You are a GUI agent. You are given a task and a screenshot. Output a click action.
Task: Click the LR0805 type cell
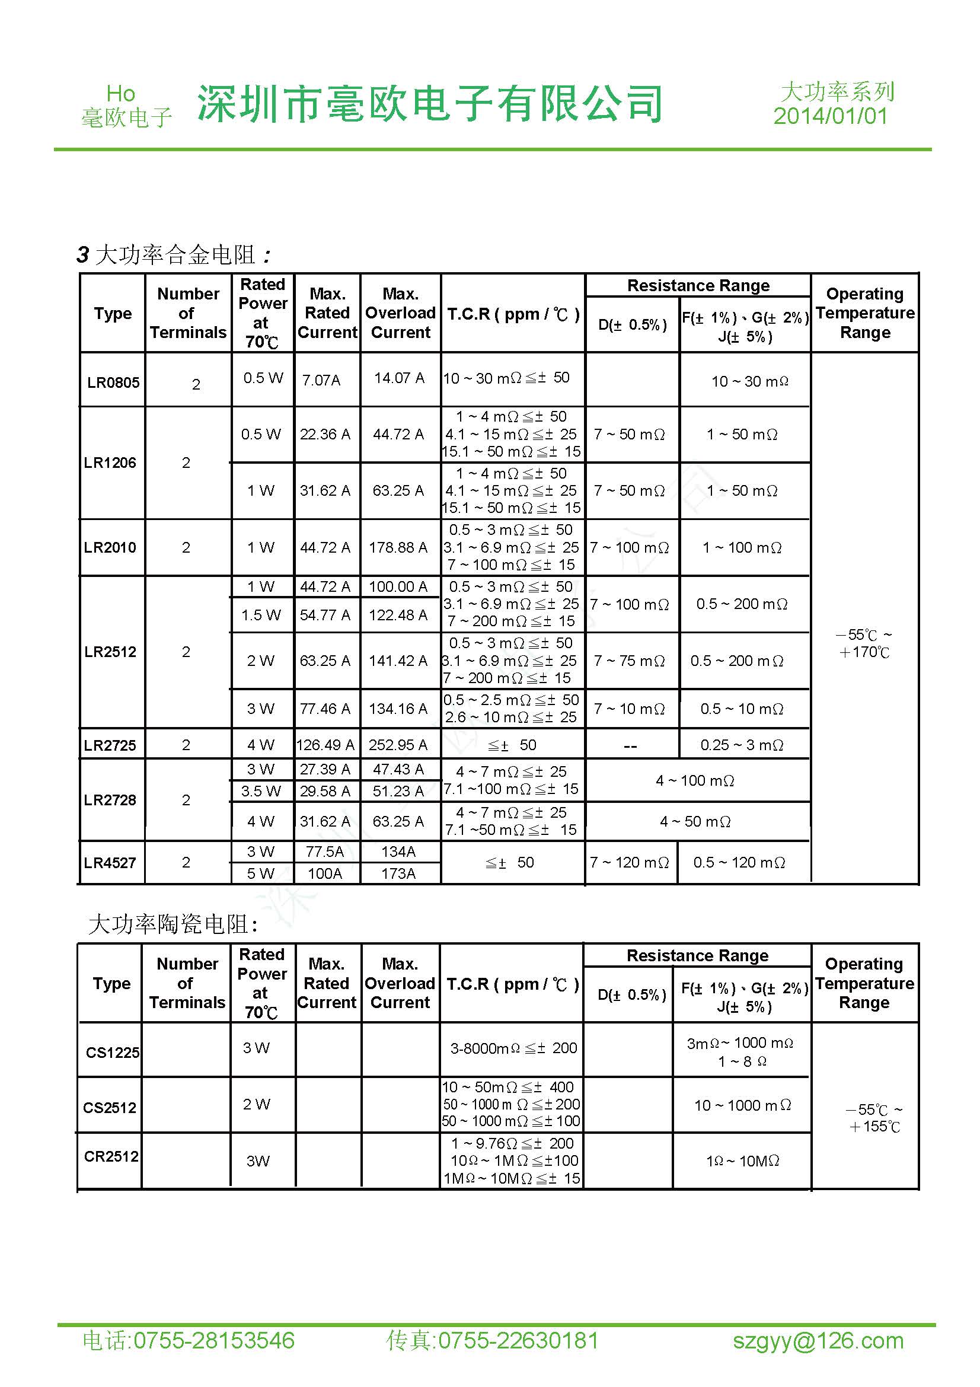pos(113,382)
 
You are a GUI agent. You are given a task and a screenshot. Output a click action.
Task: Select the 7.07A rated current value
pos(321,380)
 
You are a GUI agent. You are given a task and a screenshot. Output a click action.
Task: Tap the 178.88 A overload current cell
pos(398,547)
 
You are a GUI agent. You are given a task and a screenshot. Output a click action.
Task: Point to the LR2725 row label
pos(110,745)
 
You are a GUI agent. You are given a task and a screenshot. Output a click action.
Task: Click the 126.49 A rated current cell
pos(325,745)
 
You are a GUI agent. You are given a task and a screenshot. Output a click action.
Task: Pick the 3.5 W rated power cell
pos(261,791)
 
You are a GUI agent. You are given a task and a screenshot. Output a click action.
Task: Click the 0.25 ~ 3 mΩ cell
pos(742,745)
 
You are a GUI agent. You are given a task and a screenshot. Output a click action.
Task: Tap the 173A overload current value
pos(398,873)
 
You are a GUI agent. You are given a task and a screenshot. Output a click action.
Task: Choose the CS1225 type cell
pos(112,1053)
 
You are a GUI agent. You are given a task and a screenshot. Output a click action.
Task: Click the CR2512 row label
pos(111,1156)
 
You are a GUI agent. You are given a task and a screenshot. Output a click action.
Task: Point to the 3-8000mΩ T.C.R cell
pos(513,1048)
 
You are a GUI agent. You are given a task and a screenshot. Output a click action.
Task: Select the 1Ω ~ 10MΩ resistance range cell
pos(742,1160)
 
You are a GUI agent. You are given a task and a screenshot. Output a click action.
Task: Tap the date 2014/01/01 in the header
pos(831,116)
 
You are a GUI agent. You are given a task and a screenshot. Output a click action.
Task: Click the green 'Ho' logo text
pos(121,94)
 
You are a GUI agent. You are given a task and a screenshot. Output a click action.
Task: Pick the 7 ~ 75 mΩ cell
pos(629,661)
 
